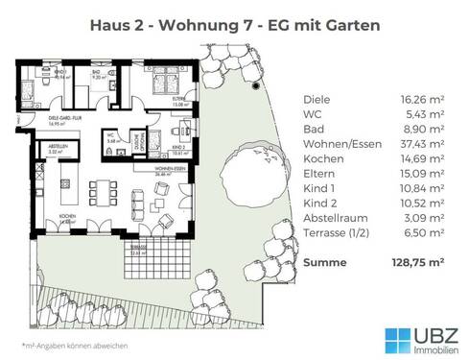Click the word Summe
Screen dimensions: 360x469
pos(324,260)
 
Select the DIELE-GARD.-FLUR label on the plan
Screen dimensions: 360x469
pos(41,119)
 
